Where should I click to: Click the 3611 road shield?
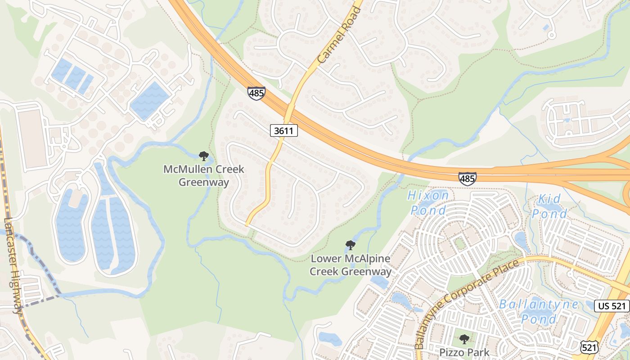pyautogui.click(x=284, y=131)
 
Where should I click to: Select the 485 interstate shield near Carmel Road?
pyautogui.click(x=256, y=94)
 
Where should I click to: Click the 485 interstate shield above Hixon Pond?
pyautogui.click(x=468, y=179)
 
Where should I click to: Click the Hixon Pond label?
pyautogui.click(x=428, y=202)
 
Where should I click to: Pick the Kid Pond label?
pyautogui.click(x=549, y=207)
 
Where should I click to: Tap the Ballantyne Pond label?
pyautogui.click(x=539, y=311)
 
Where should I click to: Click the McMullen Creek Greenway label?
pyautogui.click(x=204, y=175)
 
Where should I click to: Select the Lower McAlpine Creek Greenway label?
pyautogui.click(x=351, y=265)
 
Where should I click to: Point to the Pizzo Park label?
pyautogui.click(x=464, y=352)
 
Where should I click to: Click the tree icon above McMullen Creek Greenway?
pyautogui.click(x=204, y=156)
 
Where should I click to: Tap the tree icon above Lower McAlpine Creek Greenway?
pyautogui.click(x=351, y=245)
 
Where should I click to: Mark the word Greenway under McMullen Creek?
pyautogui.click(x=204, y=182)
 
